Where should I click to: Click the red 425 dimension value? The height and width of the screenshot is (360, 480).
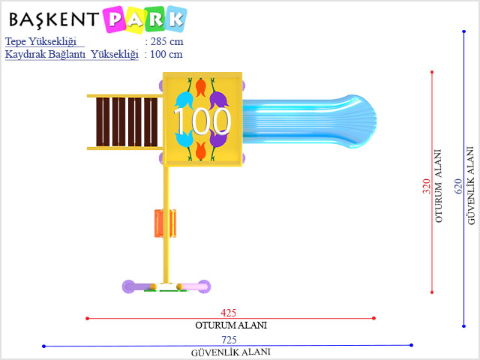228,313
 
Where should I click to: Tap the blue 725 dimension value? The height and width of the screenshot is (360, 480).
229,340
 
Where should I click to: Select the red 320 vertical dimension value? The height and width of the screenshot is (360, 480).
427,186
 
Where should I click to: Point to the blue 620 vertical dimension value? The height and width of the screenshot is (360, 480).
458,186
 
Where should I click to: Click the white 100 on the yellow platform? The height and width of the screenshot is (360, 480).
202,121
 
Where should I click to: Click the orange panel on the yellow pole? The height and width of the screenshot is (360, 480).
165,223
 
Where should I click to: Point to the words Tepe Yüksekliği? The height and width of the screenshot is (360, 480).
40,42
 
